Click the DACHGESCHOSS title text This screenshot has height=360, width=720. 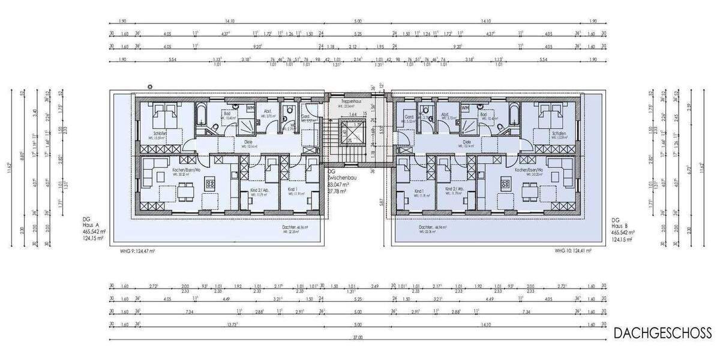(663, 332)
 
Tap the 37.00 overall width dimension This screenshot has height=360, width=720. (358, 338)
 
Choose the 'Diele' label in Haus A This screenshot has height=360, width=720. (248, 142)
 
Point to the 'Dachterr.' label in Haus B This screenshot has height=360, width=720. (427, 228)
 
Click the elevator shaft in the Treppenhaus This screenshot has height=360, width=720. (347, 133)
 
